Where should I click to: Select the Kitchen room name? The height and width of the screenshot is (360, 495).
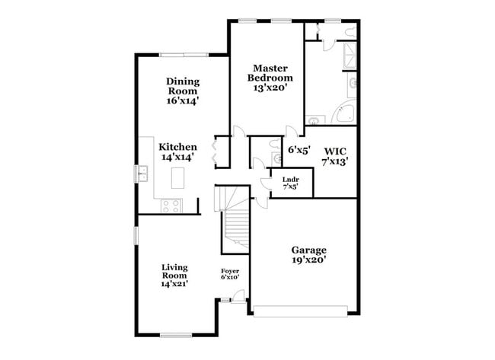(178, 147)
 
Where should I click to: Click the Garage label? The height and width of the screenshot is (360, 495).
(309, 250)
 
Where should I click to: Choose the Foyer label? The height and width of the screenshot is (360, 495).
(231, 271)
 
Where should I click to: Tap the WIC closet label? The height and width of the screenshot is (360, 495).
(335, 151)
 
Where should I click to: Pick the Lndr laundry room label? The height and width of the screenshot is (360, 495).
(290, 179)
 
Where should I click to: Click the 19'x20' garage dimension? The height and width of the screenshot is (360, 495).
(309, 260)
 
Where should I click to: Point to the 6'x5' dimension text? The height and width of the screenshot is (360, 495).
(299, 150)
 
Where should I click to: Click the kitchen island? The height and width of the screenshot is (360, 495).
(179, 178)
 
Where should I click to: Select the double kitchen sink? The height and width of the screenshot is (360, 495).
(142, 174)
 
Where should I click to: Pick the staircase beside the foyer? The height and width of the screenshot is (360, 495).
(235, 225)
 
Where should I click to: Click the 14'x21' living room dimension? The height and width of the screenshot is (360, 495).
(174, 284)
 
